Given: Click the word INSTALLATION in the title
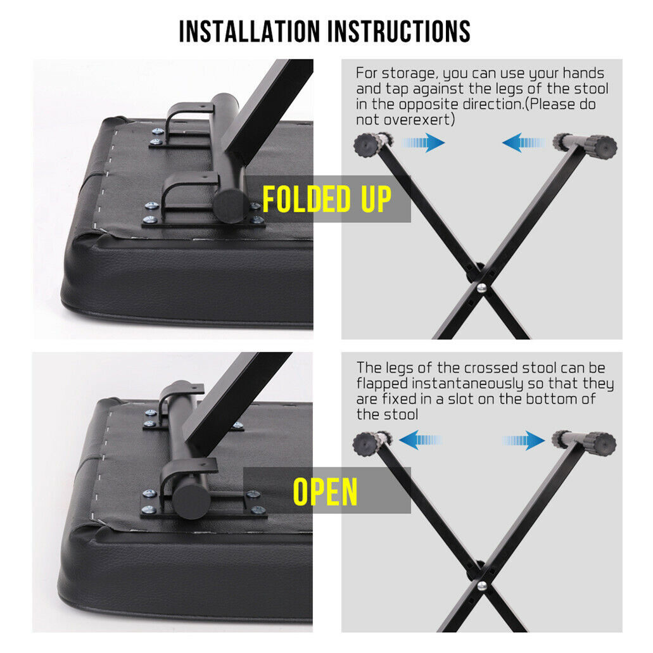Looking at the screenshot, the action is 250,31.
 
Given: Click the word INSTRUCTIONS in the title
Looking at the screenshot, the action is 399,31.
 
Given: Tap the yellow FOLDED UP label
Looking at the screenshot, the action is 327,199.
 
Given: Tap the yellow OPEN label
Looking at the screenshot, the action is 326,491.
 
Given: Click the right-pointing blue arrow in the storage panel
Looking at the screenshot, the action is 424,143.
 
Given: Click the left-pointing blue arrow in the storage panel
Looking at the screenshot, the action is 524,143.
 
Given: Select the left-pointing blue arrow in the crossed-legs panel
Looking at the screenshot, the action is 420,440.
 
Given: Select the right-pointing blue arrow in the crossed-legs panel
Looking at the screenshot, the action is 524,440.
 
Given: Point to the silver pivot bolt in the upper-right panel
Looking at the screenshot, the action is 481,287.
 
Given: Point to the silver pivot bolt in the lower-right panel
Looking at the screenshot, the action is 482,586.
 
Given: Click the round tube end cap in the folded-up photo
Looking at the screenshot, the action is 230,205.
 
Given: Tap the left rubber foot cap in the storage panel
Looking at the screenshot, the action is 367,144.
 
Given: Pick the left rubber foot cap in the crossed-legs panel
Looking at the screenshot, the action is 366,444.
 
